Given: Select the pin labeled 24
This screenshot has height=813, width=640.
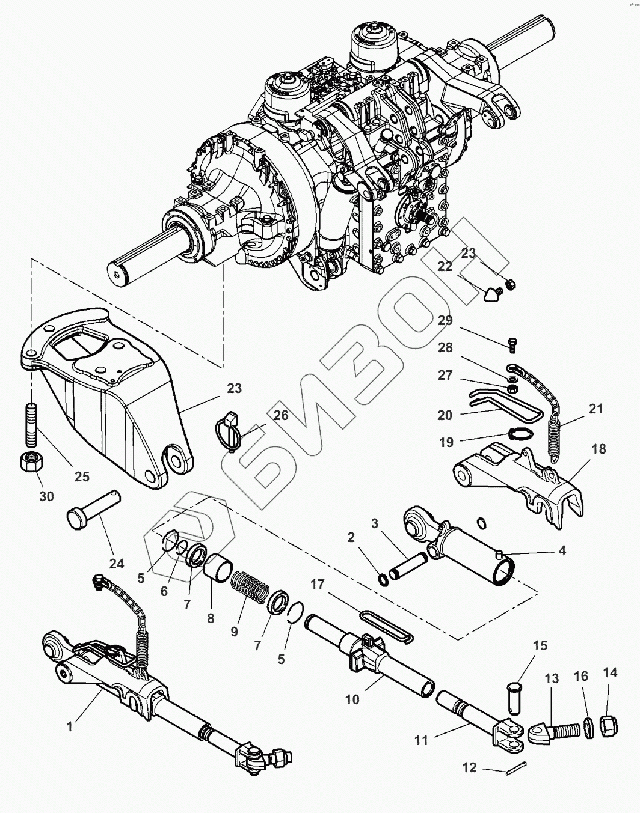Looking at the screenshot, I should pyautogui.click(x=94, y=509).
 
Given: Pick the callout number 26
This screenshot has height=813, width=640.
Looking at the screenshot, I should pyautogui.click(x=281, y=415).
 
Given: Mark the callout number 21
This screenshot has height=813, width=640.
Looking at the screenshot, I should pyautogui.click(x=595, y=409).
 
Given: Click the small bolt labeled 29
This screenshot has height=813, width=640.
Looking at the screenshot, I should pyautogui.click(x=512, y=345).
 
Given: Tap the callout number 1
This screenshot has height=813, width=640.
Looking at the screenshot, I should pyautogui.click(x=69, y=726).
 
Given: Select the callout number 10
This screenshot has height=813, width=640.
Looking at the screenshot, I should pyautogui.click(x=352, y=699).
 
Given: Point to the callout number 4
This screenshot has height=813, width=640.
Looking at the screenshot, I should pyautogui.click(x=561, y=550).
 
